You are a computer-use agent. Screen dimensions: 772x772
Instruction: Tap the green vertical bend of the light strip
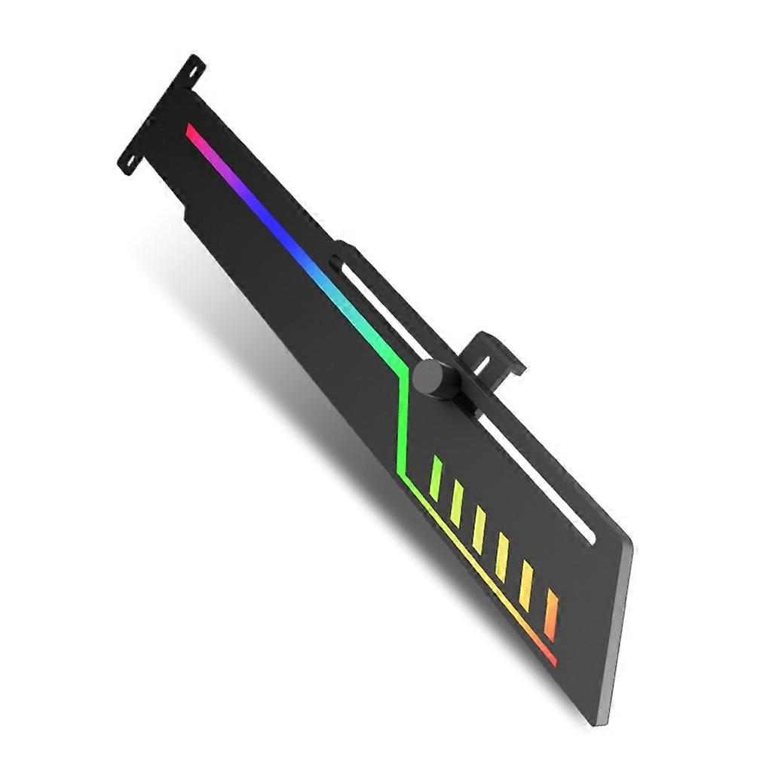coord(403,422)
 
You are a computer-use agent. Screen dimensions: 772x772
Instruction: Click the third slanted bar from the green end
coord(479,528)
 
